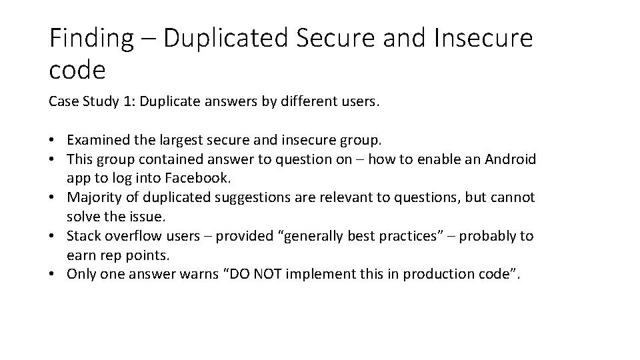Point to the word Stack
83,236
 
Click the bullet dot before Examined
53,141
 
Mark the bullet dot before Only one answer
53,275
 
